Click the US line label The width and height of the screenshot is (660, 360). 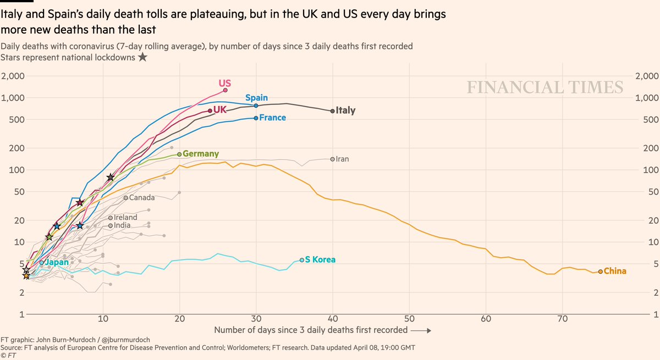pyautogui.click(x=224, y=84)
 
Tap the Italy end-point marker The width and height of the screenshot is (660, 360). pyautogui.click(x=332, y=110)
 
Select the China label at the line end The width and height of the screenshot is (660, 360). pyautogui.click(x=615, y=271)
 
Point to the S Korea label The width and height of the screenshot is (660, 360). pyautogui.click(x=320, y=259)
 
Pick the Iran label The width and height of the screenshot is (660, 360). pyautogui.click(x=342, y=159)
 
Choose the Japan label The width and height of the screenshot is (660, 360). pyautogui.click(x=57, y=262)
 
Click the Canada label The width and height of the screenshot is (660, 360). pyautogui.click(x=141, y=197)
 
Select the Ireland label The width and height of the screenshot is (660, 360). pyautogui.click(x=125, y=218)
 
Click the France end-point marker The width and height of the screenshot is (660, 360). pyautogui.click(x=256, y=118)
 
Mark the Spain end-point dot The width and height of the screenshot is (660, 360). pyautogui.click(x=256, y=106)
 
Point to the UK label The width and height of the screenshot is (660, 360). pyautogui.click(x=220, y=110)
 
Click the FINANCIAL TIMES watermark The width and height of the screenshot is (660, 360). pyautogui.click(x=545, y=87)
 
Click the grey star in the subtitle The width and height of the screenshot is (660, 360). pyautogui.click(x=142, y=57)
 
